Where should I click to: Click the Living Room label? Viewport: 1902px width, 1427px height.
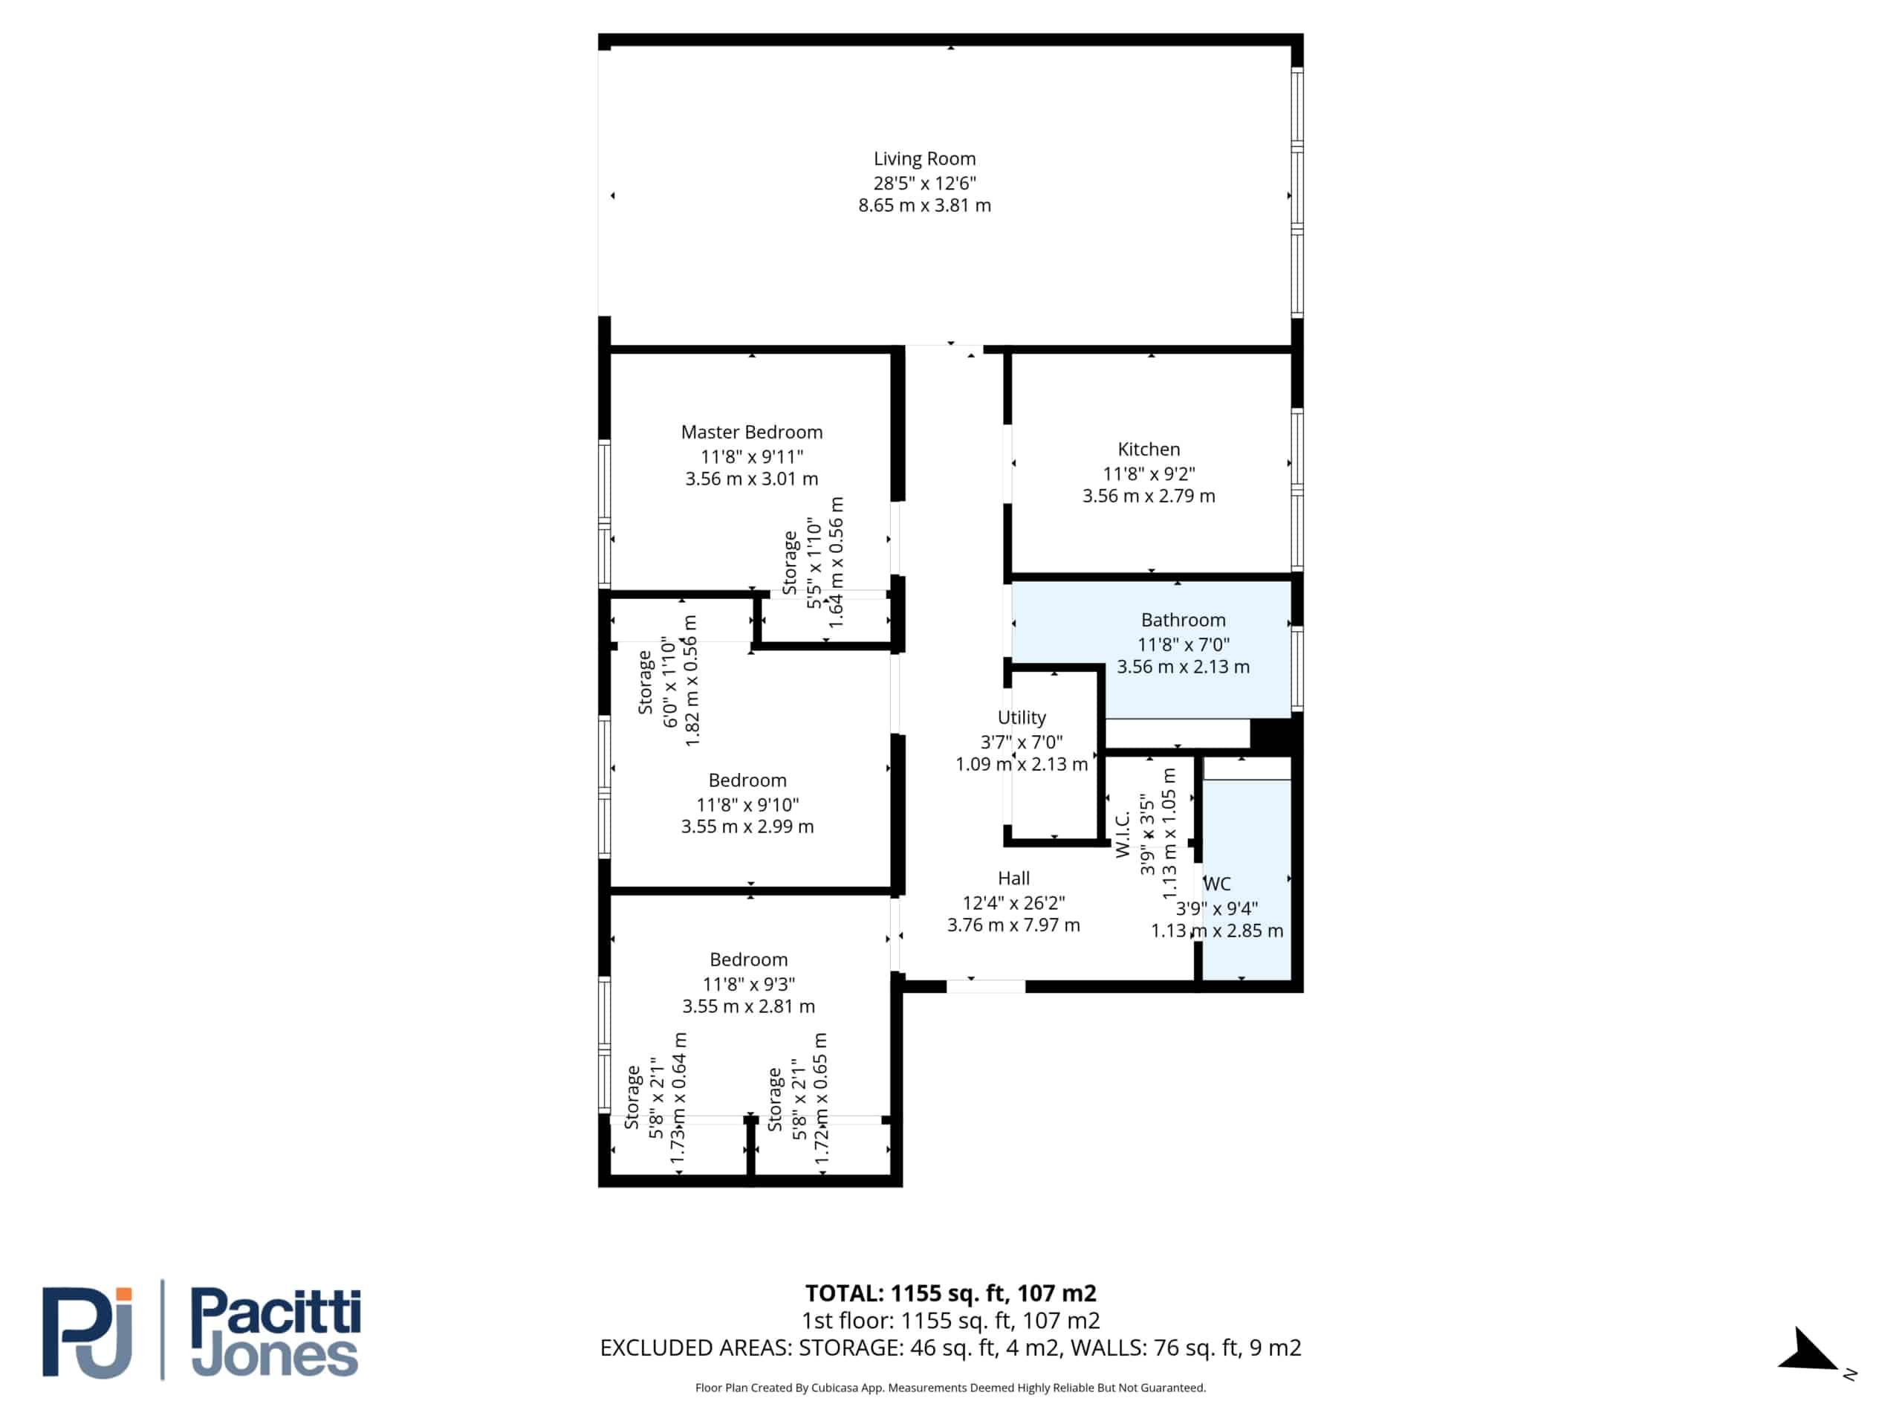pyautogui.click(x=924, y=159)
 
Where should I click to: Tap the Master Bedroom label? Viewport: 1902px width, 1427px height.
pyautogui.click(x=752, y=433)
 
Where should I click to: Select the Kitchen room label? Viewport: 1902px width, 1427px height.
pyautogui.click(x=1149, y=449)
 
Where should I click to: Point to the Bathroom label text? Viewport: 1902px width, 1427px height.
pyautogui.click(x=1183, y=620)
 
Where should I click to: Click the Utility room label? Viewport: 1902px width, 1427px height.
pyautogui.click(x=1022, y=717)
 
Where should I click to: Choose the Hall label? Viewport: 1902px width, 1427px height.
pyautogui.click(x=1013, y=878)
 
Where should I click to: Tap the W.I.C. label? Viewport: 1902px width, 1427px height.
pyautogui.click(x=1122, y=835)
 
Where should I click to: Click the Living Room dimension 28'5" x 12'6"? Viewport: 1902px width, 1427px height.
pyautogui.click(x=924, y=184)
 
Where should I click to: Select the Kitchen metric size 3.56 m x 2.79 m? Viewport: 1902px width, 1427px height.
pyautogui.click(x=1149, y=496)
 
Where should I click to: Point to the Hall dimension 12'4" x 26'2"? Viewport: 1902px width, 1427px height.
pyautogui.click(x=1013, y=902)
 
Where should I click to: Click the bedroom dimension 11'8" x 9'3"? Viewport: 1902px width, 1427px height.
pyautogui.click(x=748, y=984)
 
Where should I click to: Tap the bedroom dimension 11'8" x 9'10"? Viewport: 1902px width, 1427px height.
pyautogui.click(x=747, y=805)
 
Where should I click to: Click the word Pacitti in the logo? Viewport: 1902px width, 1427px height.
pyautogui.click(x=275, y=1313)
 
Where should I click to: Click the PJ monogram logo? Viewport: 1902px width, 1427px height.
pyautogui.click(x=88, y=1333)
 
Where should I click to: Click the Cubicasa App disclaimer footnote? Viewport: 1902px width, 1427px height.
pyautogui.click(x=950, y=1388)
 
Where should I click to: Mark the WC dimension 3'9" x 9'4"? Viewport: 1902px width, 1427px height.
pyautogui.click(x=1217, y=908)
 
